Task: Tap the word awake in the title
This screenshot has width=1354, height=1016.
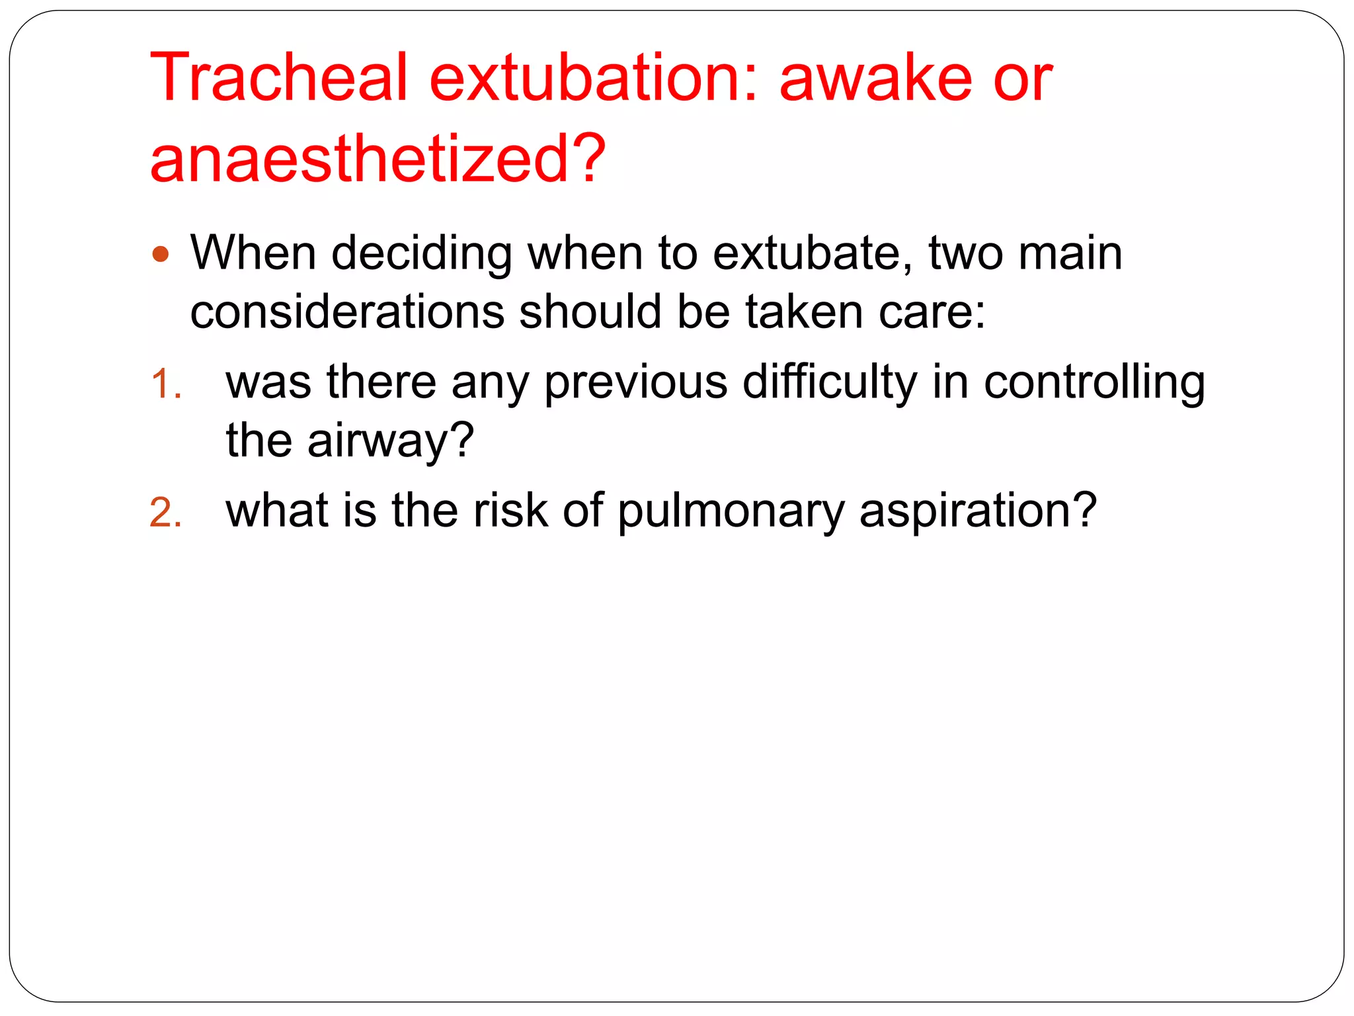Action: pyautogui.click(x=875, y=78)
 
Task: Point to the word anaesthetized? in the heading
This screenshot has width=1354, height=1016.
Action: pyautogui.click(x=378, y=159)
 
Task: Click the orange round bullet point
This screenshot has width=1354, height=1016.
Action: pyautogui.click(x=161, y=254)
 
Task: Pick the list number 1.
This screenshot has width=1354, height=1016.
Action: pyautogui.click(x=165, y=384)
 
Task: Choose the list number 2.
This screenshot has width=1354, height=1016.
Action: pyautogui.click(x=165, y=513)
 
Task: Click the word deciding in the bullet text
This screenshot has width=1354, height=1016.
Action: pyautogui.click(x=421, y=254)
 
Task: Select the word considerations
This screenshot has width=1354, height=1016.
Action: pyautogui.click(x=347, y=312)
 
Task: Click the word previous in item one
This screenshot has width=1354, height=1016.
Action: pyautogui.click(x=635, y=383)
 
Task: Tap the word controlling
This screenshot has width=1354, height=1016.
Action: pyautogui.click(x=1094, y=383)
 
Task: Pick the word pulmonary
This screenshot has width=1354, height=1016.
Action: pyautogui.click(x=731, y=511)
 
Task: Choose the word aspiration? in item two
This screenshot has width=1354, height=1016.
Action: pyautogui.click(x=978, y=511)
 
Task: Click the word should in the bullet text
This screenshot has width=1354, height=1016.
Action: pyautogui.click(x=590, y=312)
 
